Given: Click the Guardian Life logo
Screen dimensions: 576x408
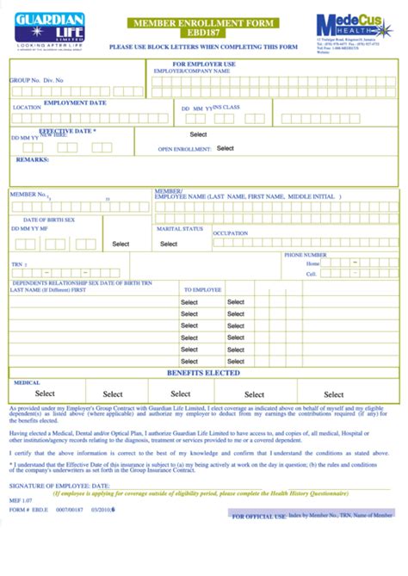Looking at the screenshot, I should [x=49, y=31].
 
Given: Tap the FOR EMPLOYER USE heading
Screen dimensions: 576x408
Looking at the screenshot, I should [x=204, y=64].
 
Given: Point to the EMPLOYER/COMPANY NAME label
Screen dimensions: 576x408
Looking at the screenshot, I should [x=191, y=71].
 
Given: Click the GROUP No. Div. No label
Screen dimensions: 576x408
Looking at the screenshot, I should [x=37, y=80].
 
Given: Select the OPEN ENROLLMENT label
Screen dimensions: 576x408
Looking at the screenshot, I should [x=184, y=149].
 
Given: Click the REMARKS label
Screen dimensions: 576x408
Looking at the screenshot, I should [x=33, y=160].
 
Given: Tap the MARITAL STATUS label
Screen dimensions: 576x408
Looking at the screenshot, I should [x=179, y=229].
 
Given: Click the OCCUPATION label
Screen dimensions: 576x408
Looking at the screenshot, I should [x=231, y=233].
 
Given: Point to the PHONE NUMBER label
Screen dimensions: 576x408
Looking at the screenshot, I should [x=306, y=255].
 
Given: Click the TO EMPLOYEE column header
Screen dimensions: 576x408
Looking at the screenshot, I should [x=203, y=290].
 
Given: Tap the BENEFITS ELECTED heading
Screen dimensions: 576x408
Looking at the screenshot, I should [x=203, y=373].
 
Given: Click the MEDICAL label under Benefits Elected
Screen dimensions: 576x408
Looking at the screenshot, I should [x=27, y=381].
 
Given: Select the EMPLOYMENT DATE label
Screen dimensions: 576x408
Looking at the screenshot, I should [x=75, y=102].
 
